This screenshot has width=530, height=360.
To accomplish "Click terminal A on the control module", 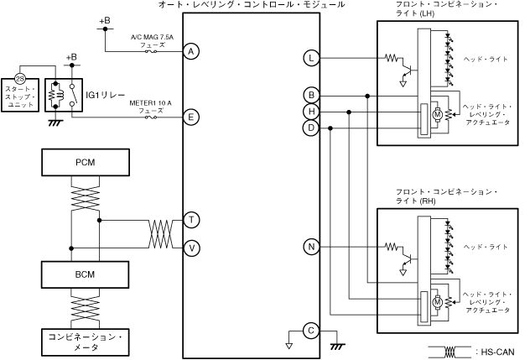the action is click(191, 51).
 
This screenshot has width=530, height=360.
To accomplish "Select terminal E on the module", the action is click(191, 117).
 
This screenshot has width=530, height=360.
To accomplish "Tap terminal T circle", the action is click(192, 220).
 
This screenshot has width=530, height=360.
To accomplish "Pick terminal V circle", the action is click(192, 248).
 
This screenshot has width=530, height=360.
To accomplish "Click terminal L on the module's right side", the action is click(311, 58).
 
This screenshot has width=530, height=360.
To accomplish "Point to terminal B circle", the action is click(311, 95).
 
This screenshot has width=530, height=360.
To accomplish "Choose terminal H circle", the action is click(311, 112).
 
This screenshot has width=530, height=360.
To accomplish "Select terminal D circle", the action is click(311, 128).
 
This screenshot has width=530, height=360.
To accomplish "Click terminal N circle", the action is click(311, 247).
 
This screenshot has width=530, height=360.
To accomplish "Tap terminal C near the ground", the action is click(311, 331).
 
